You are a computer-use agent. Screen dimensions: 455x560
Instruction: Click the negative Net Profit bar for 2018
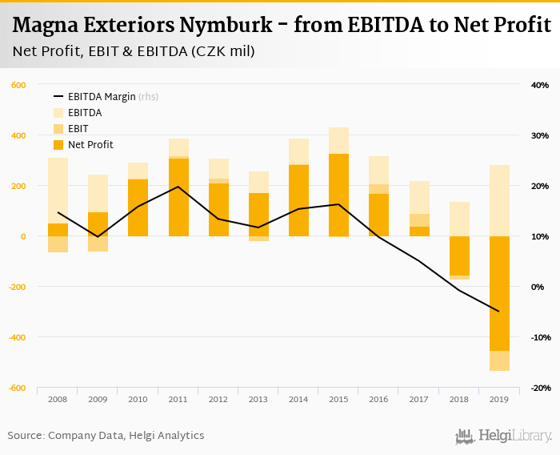click(x=459, y=256)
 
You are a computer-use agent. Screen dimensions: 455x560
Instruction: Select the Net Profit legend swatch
click(x=59, y=145)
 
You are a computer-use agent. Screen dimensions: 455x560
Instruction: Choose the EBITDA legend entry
click(x=85, y=113)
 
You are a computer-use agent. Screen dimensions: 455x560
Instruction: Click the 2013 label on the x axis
click(x=258, y=399)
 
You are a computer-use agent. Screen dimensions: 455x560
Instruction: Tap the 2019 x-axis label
click(x=499, y=399)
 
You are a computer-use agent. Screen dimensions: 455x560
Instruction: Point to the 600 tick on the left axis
click(x=18, y=85)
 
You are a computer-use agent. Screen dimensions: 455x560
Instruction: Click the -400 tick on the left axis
click(x=16, y=337)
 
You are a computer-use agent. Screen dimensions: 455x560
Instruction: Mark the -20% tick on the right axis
click(x=538, y=388)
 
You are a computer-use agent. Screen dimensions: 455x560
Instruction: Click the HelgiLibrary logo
click(x=503, y=436)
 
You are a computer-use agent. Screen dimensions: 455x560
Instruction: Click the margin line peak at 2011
click(x=178, y=187)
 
